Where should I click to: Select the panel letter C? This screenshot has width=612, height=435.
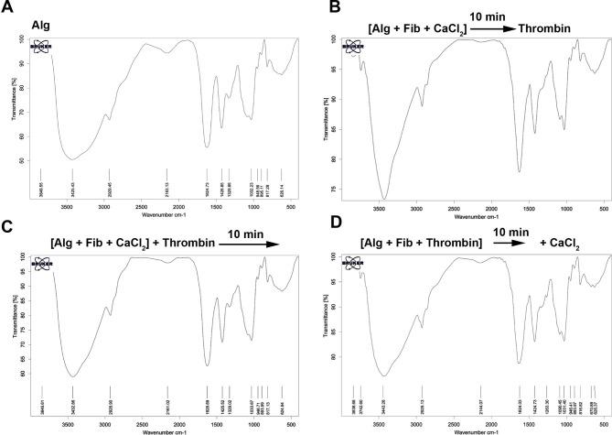click(x=7, y=223)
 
